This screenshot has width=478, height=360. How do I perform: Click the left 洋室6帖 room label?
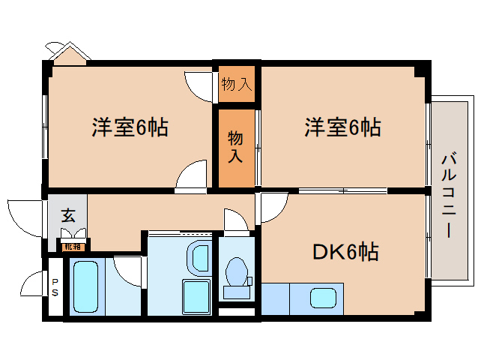(130, 127)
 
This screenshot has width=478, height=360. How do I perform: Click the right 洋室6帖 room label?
(342, 127)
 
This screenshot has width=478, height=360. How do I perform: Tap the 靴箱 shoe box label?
(73, 246)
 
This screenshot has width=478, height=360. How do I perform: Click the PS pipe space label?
(55, 286)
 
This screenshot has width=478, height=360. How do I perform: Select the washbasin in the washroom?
(199, 257)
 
